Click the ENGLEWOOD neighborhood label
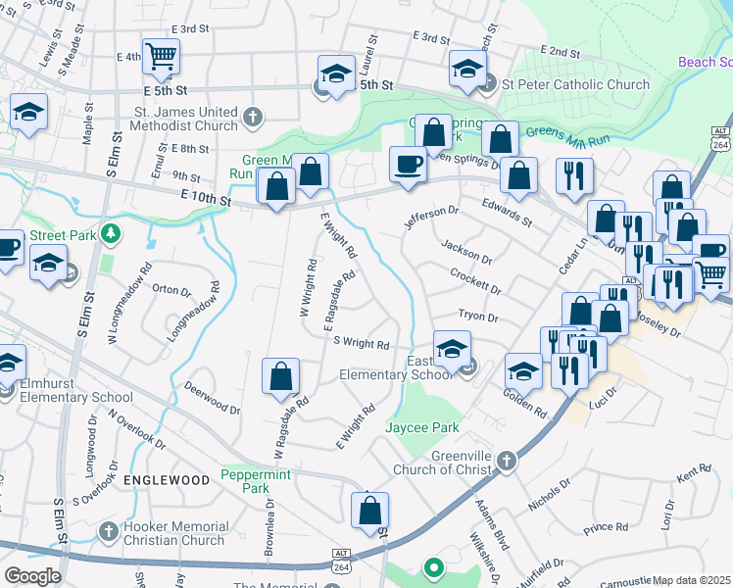(x=167, y=480)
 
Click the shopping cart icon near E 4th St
(x=160, y=55)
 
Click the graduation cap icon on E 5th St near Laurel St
(x=336, y=73)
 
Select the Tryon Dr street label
(x=479, y=318)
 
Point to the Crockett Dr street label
(x=475, y=283)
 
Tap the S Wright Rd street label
(x=362, y=344)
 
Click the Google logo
(x=32, y=576)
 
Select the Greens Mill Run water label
(x=567, y=134)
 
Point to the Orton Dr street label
(x=170, y=290)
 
